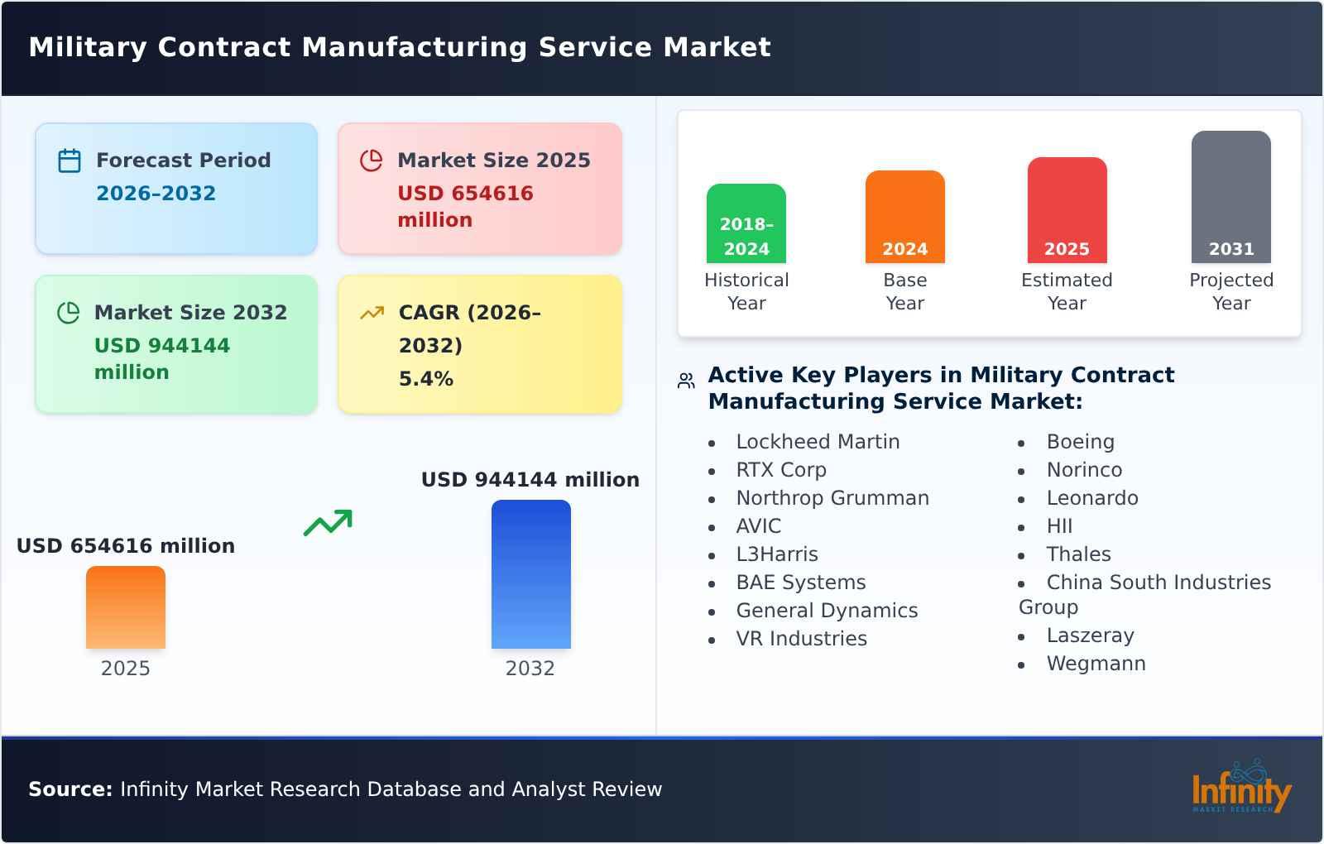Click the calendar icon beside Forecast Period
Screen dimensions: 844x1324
tap(70, 161)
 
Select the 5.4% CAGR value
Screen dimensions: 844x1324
tap(425, 379)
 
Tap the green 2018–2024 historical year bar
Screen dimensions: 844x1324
tap(746, 223)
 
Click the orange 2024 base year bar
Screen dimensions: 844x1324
tap(904, 217)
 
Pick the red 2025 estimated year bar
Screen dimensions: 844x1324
tap(1067, 210)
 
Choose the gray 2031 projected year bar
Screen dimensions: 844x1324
tap(1230, 197)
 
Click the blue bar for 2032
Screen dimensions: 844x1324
tap(530, 574)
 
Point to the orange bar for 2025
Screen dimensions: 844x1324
tap(126, 607)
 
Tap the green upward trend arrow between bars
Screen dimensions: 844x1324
tap(328, 523)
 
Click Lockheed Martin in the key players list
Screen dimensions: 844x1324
tap(818, 442)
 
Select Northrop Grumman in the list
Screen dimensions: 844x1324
tap(832, 498)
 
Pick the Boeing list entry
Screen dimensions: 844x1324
tap(1080, 442)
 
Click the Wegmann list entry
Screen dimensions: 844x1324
tap(1096, 664)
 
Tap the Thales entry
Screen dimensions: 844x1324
tap(1078, 554)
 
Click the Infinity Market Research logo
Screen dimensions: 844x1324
tap(1240, 789)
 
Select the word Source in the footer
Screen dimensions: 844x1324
tap(70, 789)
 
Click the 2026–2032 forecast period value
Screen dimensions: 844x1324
tap(156, 194)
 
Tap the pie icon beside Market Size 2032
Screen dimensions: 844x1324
tap(68, 313)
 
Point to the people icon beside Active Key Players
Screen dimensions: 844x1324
tap(686, 381)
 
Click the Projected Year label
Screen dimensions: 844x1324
tap(1230, 291)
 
